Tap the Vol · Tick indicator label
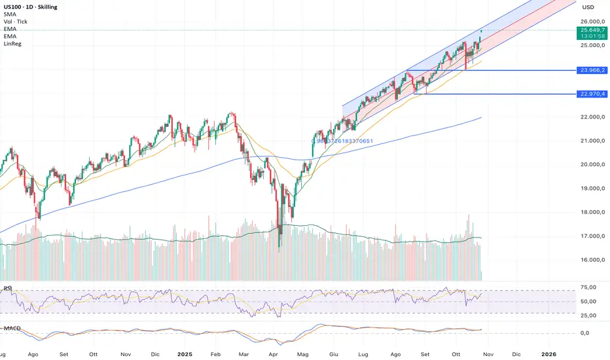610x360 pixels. [x=16, y=22]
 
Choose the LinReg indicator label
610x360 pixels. [x=12, y=44]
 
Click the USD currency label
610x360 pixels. [x=588, y=8]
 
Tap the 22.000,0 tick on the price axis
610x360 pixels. [x=591, y=117]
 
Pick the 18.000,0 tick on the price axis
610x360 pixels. [x=591, y=213]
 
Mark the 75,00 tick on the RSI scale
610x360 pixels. [x=591, y=287]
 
